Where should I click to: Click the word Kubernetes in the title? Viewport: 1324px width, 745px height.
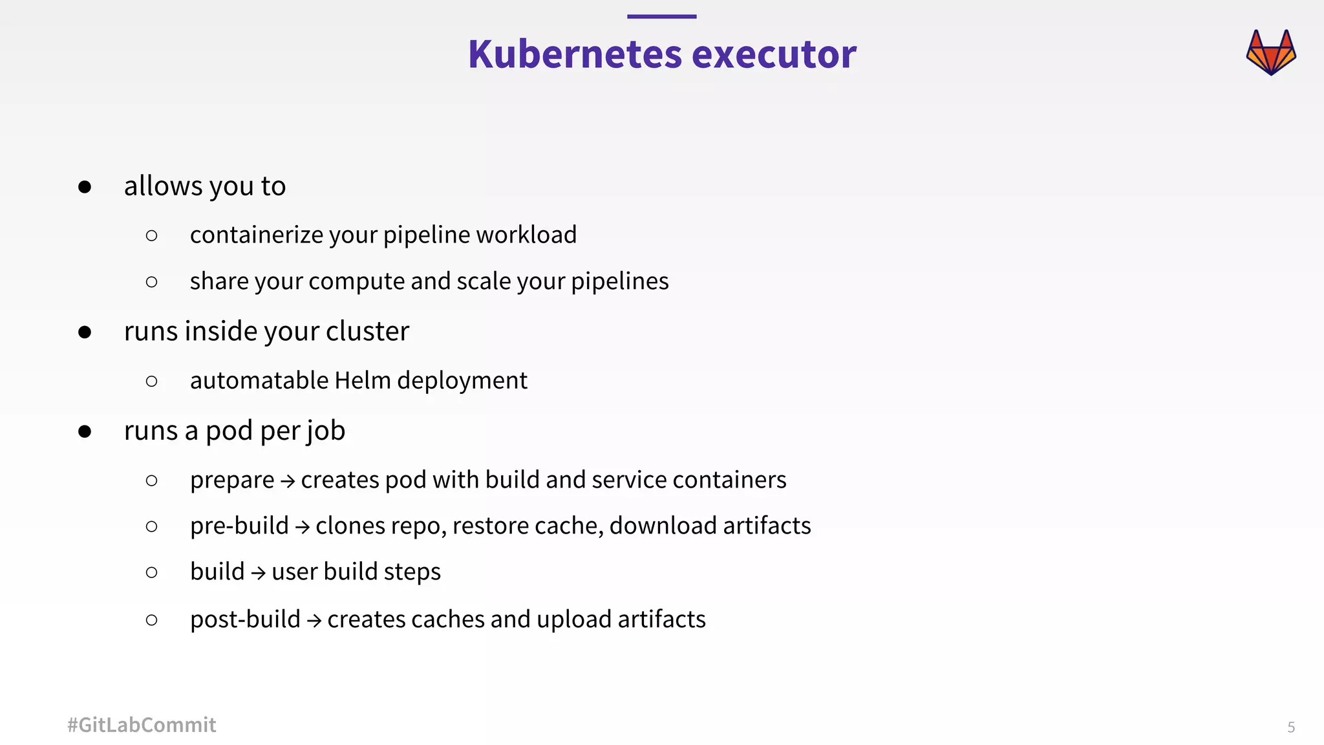point(575,54)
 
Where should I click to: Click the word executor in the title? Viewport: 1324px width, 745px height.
point(774,54)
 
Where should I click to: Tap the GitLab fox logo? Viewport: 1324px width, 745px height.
point(1271,52)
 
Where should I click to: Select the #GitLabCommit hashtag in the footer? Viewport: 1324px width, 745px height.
point(142,725)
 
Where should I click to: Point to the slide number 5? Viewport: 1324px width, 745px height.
point(1291,728)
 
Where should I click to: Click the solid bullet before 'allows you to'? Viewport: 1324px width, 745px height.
point(85,188)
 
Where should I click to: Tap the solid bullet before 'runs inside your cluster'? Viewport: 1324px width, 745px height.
point(85,332)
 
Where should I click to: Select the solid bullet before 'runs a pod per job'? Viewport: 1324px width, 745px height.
point(85,431)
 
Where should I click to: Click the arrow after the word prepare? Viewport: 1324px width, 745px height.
point(288,481)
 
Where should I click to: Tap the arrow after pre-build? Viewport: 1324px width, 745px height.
point(302,527)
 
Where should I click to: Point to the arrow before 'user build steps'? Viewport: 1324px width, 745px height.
point(258,573)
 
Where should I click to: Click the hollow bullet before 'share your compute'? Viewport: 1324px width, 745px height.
point(152,282)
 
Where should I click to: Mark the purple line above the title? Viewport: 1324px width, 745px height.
point(661,17)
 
